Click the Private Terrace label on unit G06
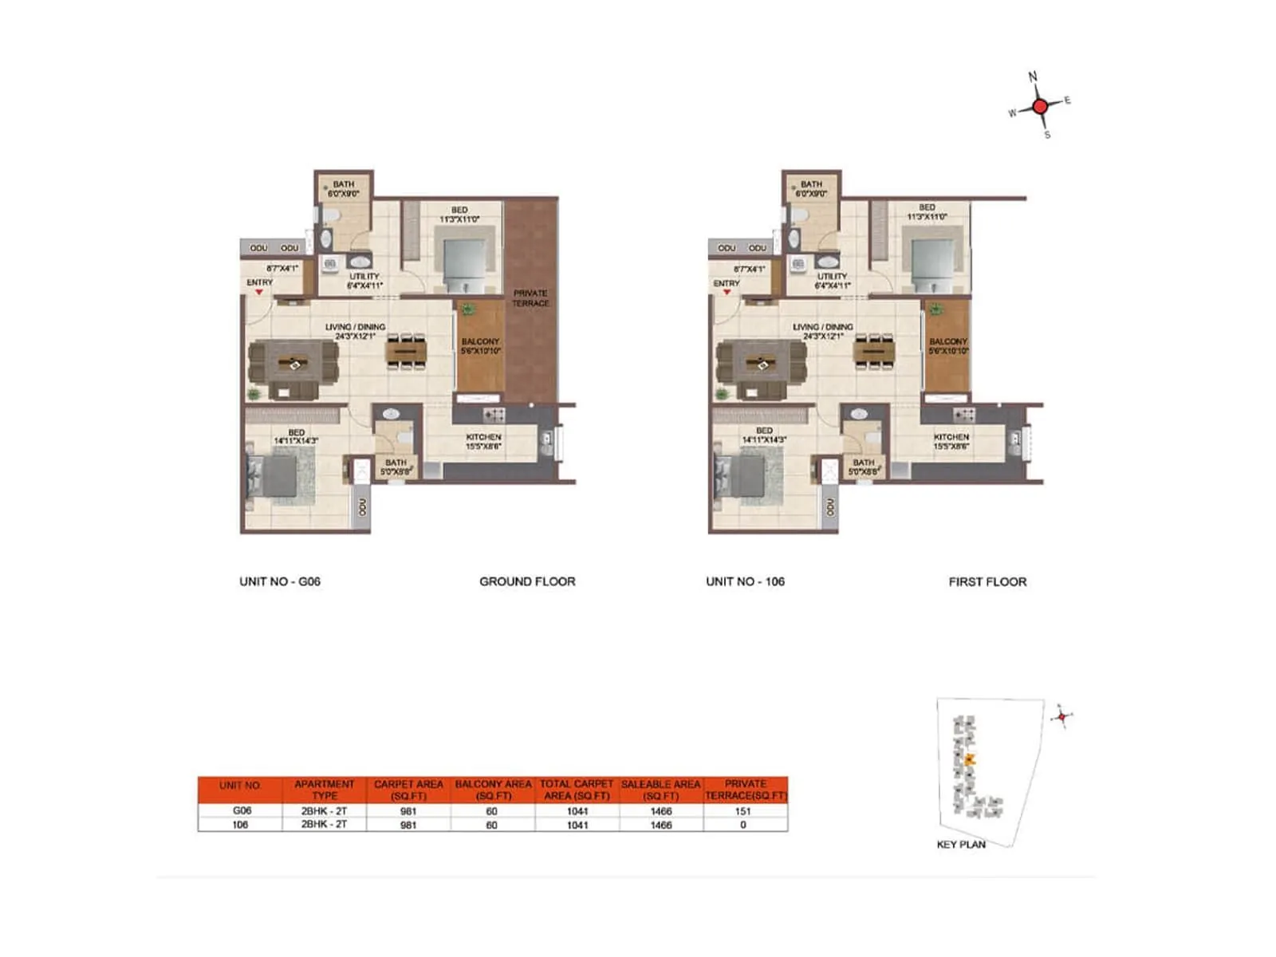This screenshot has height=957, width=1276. pos(530,298)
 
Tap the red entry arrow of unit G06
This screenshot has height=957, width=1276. pos(259,293)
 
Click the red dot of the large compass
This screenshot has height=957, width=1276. pos(1040,106)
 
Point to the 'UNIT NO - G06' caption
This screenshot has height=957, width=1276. pos(280,581)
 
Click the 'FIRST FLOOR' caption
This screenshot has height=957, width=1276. pos(987,581)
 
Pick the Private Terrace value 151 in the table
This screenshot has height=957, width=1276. pos(743,811)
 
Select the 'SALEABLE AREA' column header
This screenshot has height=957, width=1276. pos(661,790)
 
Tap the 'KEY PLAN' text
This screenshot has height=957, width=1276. pos(961,844)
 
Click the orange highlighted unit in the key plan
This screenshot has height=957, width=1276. pos(970,760)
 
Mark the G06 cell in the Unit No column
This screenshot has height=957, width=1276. pos(242,811)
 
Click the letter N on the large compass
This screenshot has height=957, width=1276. pos(1033,77)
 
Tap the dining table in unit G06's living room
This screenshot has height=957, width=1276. pos(407,351)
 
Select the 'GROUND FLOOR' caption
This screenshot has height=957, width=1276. pos(527,581)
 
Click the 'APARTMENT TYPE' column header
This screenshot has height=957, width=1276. pos(325,790)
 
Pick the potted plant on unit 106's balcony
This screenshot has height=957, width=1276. pos(935,309)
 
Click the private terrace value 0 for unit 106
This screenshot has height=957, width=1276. pos(743,825)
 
